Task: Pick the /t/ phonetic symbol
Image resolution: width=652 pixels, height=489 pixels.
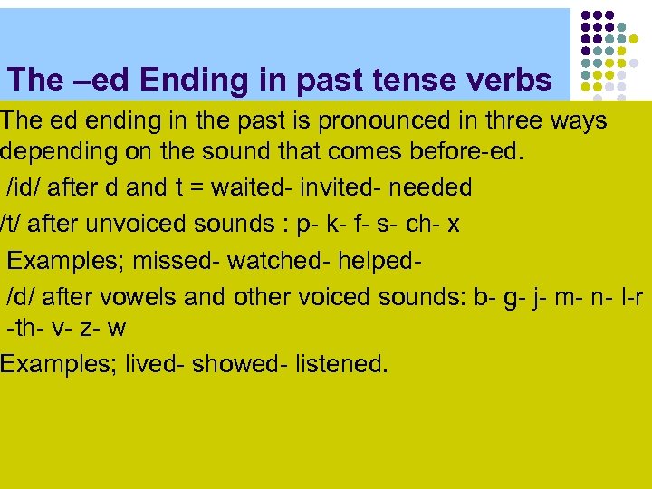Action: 13,223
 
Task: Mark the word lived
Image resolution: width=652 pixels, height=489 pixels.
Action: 151,364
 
